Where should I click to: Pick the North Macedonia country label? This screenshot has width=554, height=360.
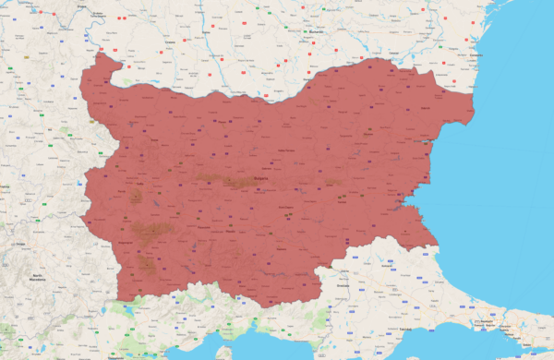[37, 276]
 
